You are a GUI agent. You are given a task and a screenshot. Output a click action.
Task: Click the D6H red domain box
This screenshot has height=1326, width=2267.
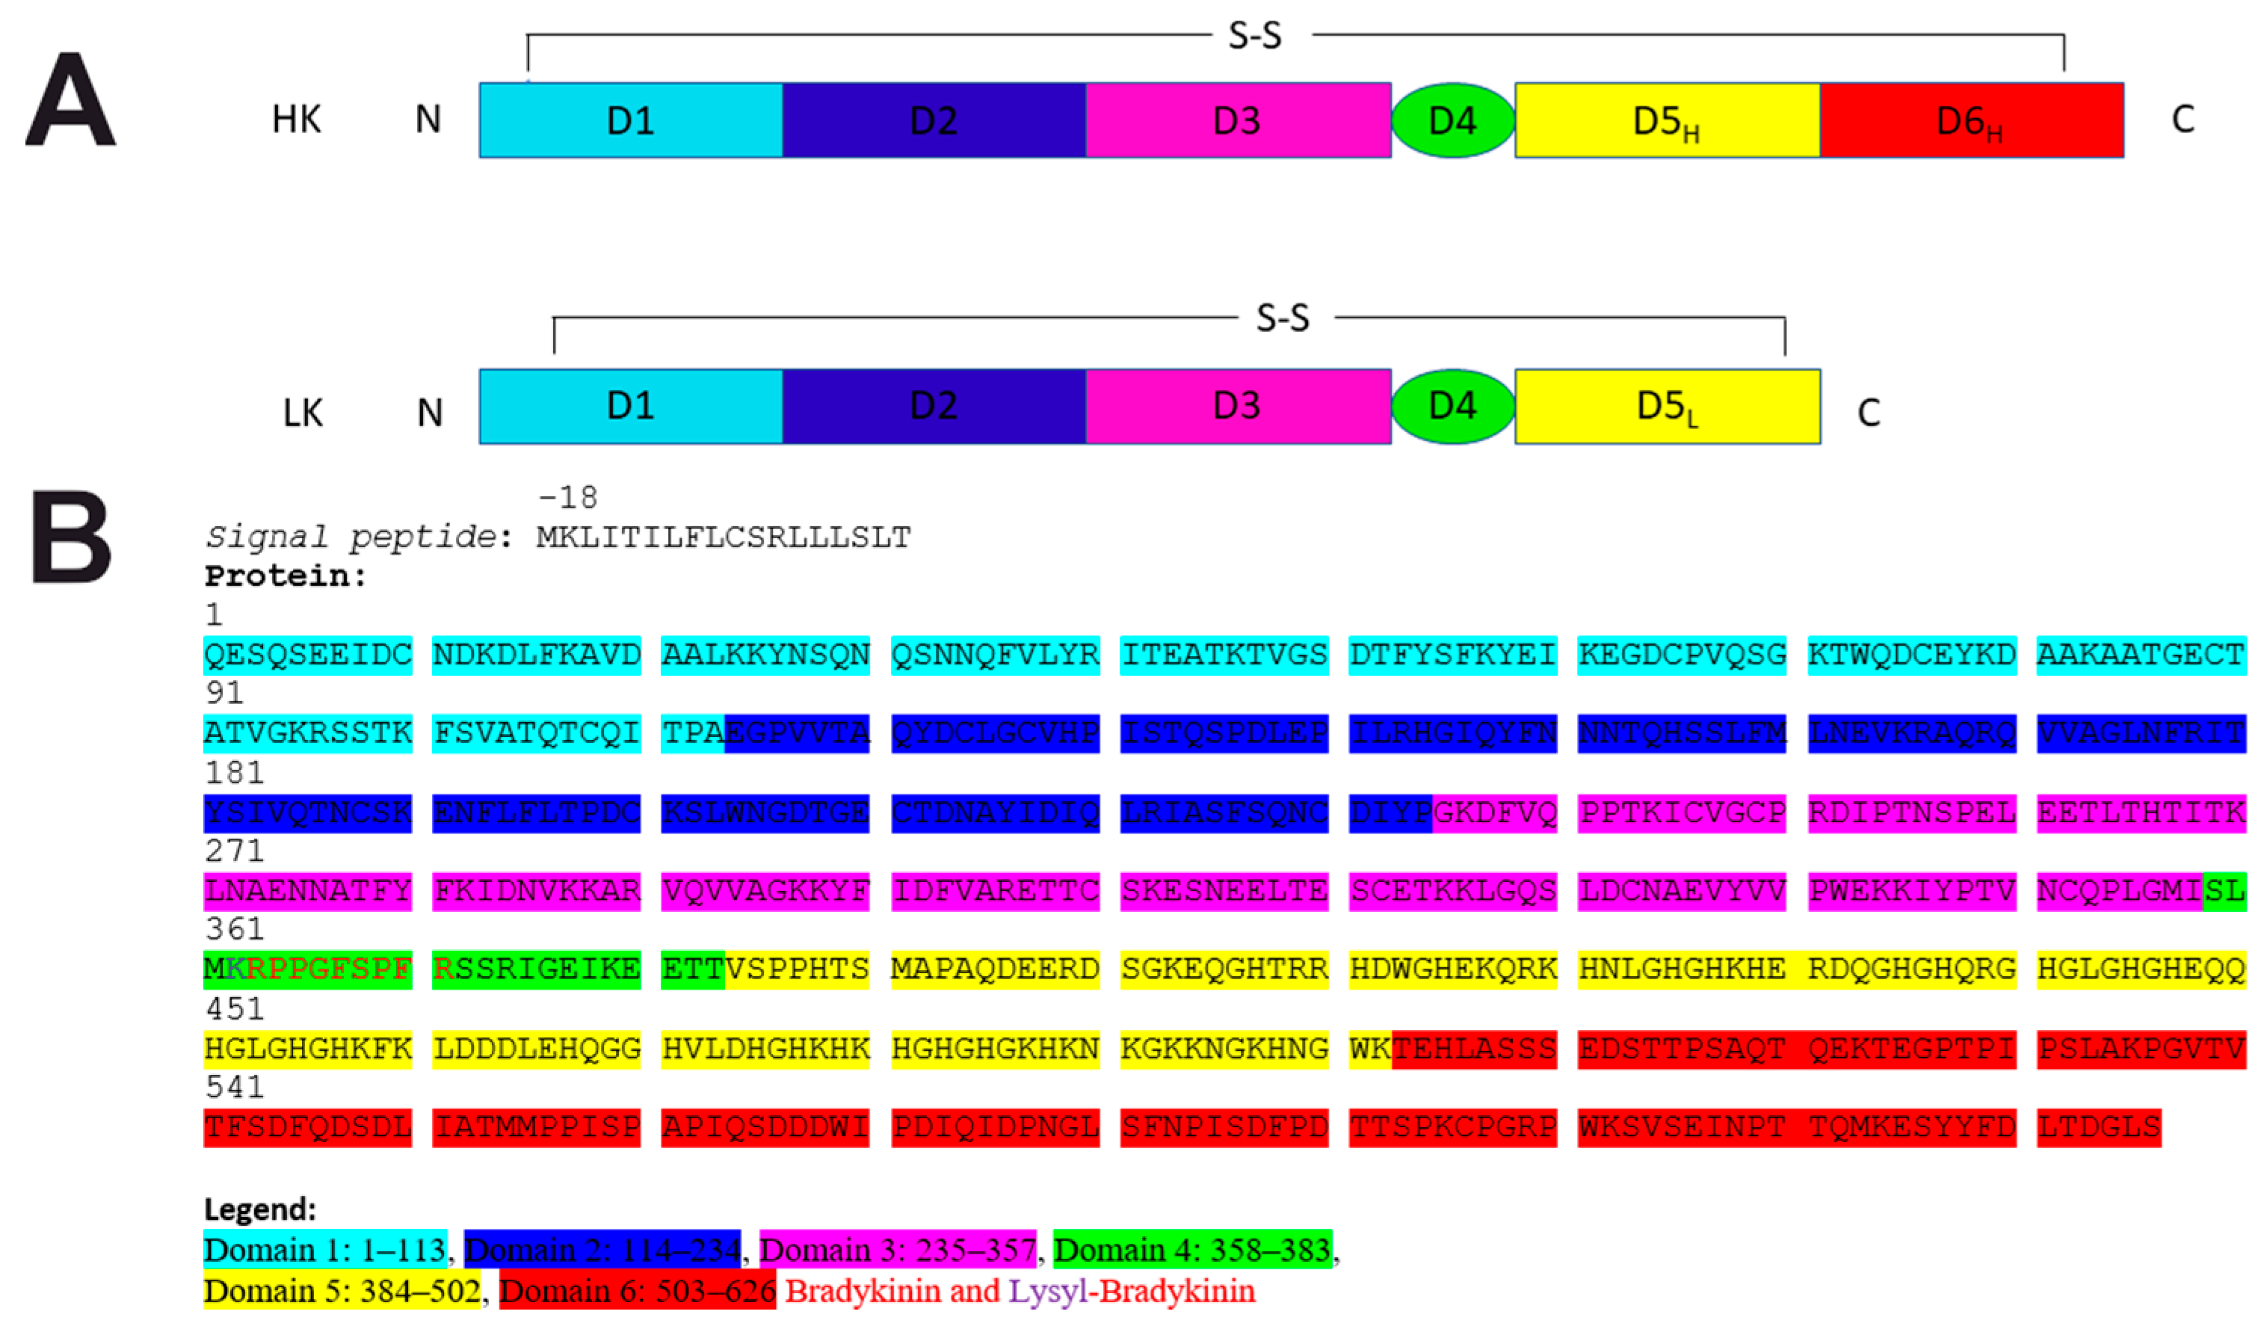click(x=1971, y=120)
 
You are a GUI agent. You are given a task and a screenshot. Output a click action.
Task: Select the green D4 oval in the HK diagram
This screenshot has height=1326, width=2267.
click(x=1452, y=120)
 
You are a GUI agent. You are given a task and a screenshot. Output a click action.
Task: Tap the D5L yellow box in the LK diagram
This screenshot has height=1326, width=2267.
click(x=1667, y=407)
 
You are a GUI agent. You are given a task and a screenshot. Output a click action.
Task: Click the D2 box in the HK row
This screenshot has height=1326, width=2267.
click(x=934, y=120)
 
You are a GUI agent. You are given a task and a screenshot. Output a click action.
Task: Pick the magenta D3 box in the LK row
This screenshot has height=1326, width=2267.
click(x=1238, y=407)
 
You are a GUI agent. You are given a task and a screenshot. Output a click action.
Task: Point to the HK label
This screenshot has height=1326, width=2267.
click(x=296, y=120)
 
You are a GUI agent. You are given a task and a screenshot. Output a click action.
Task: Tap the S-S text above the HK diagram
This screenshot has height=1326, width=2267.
click(x=1255, y=37)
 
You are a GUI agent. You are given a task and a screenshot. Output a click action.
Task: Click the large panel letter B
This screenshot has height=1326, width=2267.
click(x=71, y=537)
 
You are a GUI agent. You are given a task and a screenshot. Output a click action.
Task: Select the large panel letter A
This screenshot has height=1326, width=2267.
click(x=70, y=100)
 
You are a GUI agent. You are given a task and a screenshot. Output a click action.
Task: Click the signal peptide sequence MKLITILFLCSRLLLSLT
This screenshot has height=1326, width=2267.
click(x=724, y=538)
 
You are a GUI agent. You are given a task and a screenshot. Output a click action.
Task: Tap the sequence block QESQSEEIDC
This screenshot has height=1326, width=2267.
click(x=308, y=655)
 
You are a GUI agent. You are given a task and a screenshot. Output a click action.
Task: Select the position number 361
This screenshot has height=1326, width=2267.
click(x=234, y=929)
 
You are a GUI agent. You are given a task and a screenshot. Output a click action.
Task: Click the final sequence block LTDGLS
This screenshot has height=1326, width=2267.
click(x=2098, y=1127)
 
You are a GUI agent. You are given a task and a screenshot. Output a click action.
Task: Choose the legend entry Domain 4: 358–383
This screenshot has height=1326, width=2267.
click(x=1192, y=1250)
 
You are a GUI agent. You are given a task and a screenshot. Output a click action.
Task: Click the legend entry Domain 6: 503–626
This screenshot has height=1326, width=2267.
click(x=637, y=1291)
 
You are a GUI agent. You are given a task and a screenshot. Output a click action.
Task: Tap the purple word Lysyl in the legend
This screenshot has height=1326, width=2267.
click(x=1047, y=1291)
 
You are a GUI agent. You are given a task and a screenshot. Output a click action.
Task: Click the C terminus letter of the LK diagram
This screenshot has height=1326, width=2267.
click(x=1869, y=413)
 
